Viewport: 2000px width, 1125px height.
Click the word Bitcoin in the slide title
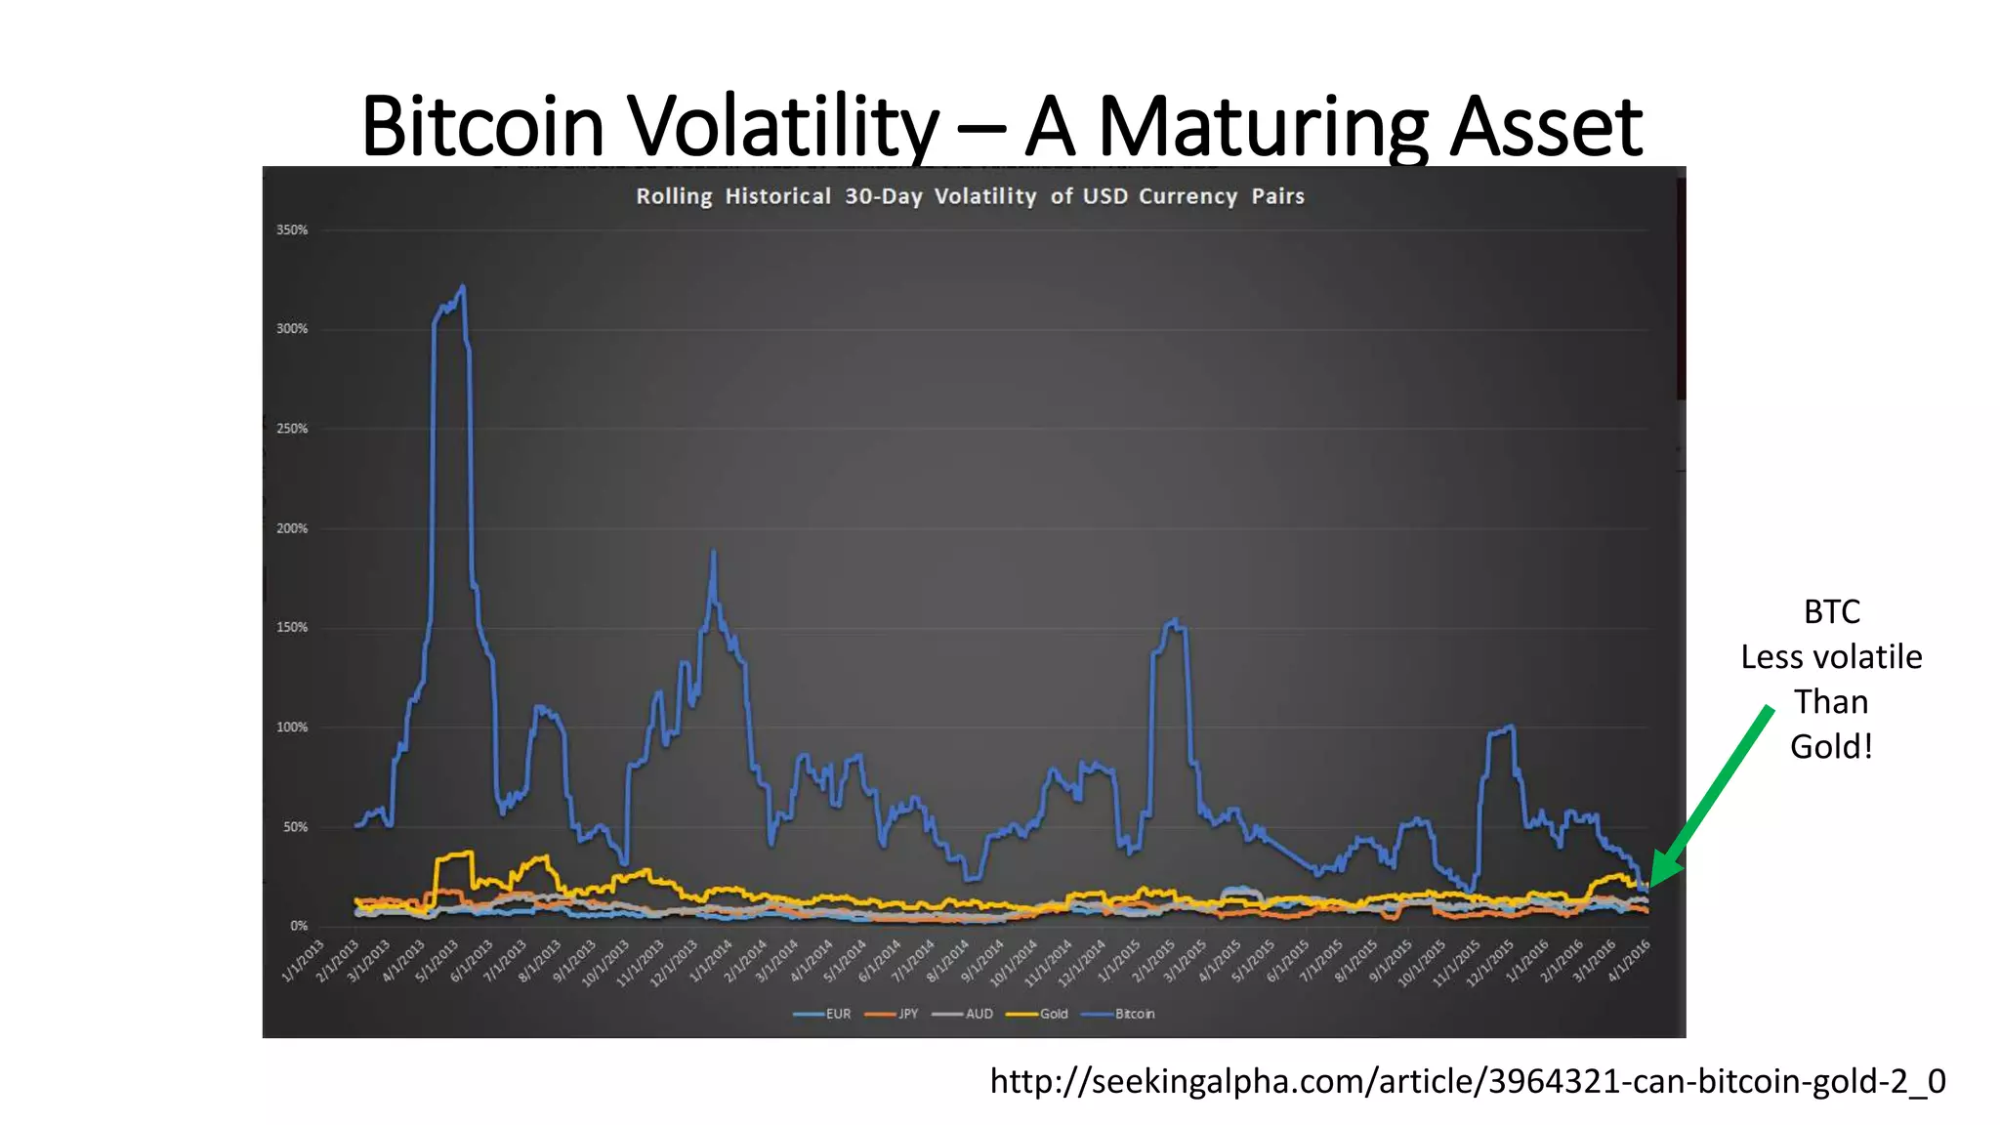click(x=482, y=127)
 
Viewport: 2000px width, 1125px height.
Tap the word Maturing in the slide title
click(x=1264, y=127)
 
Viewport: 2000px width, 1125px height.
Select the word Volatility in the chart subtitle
click(x=985, y=196)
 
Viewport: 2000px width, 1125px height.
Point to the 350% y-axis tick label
click(x=292, y=230)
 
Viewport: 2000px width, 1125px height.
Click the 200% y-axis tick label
click(x=292, y=528)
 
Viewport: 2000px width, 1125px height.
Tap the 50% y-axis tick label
click(x=295, y=827)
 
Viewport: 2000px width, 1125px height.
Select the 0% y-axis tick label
click(x=299, y=926)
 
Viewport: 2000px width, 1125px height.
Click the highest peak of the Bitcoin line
click(x=462, y=287)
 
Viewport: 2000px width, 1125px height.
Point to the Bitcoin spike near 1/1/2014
click(x=713, y=554)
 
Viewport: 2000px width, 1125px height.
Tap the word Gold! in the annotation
click(x=1831, y=747)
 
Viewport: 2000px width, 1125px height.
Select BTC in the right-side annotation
click(x=1831, y=612)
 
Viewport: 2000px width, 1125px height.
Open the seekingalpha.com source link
click(x=1467, y=1081)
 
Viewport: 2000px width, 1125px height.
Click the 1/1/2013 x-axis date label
click(x=304, y=960)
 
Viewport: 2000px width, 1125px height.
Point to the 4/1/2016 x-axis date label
click(x=1629, y=960)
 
